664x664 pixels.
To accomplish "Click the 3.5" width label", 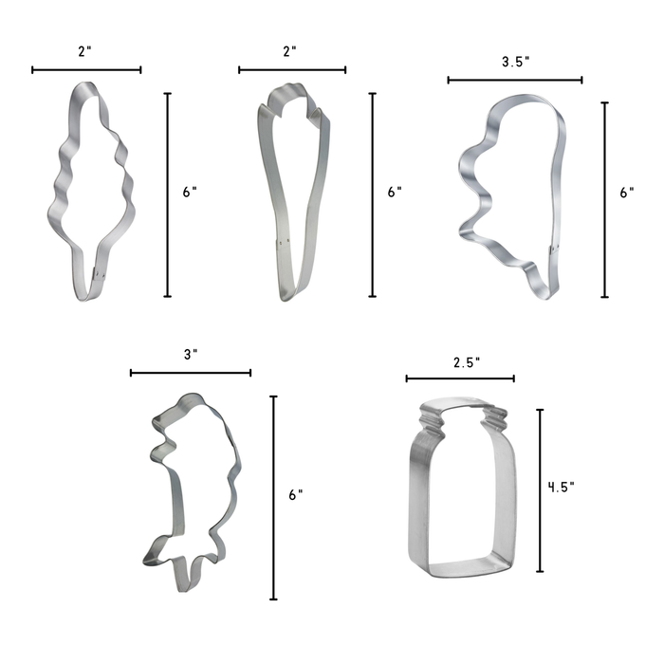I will [x=515, y=62].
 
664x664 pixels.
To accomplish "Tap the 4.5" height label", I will [x=561, y=487].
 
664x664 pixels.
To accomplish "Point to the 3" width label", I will [x=190, y=354].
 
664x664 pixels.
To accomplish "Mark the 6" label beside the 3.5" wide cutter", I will [x=627, y=192].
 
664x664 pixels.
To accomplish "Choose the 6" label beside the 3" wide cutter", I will [x=295, y=494].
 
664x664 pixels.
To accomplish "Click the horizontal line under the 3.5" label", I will [x=515, y=81].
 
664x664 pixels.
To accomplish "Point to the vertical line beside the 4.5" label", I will [x=540, y=490].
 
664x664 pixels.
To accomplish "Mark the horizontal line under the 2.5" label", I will [x=460, y=378].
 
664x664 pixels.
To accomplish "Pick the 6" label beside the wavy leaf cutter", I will [x=190, y=192].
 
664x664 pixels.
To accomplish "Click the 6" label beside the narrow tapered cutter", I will [x=395, y=192].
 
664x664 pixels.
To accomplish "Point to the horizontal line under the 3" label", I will [x=191, y=373].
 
